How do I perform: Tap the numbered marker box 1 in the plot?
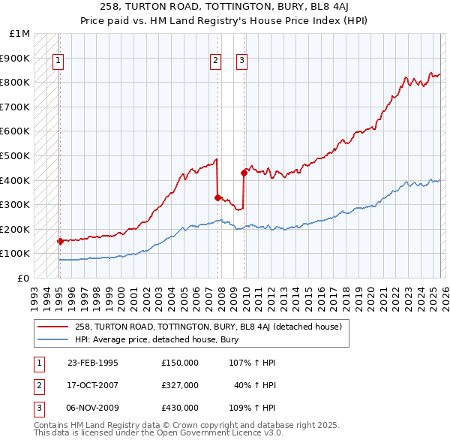pos(58,62)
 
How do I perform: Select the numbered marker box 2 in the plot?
pos(215,62)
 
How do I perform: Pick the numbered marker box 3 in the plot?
pos(242,62)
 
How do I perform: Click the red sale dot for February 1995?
pos(60,241)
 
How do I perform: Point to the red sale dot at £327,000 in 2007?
pos(217,198)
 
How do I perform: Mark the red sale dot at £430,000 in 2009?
pos(244,173)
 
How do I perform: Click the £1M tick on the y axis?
pos(20,34)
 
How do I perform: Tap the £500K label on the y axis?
pos(16,156)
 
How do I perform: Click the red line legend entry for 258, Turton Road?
pos(208,327)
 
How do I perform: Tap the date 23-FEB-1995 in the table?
pos(93,363)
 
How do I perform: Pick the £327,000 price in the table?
pos(180,385)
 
